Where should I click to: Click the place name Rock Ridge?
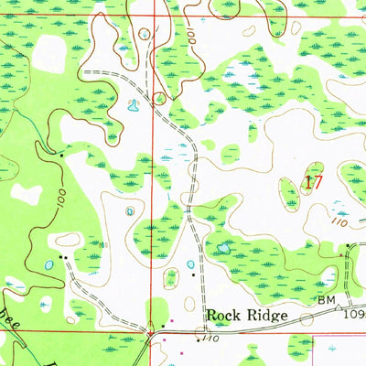[x=246, y=316]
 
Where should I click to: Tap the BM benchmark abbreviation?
[x=326, y=300]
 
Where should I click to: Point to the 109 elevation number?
[x=354, y=314]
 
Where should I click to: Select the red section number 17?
[x=313, y=182]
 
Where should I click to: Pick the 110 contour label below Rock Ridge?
[x=214, y=339]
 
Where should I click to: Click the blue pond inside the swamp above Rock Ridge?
[x=222, y=247]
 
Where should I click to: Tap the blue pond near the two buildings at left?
[x=48, y=265]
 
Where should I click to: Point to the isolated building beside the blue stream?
[x=61, y=155]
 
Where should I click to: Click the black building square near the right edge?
[x=344, y=257]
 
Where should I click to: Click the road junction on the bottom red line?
[x=152, y=332]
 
